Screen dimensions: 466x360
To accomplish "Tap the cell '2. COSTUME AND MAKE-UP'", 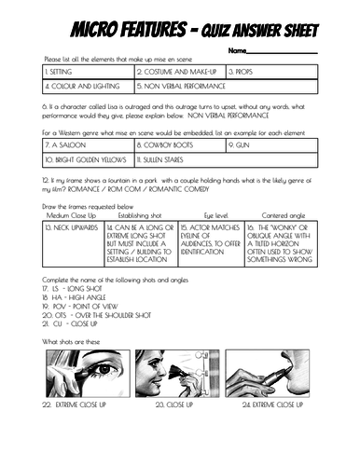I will coord(179,72).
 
